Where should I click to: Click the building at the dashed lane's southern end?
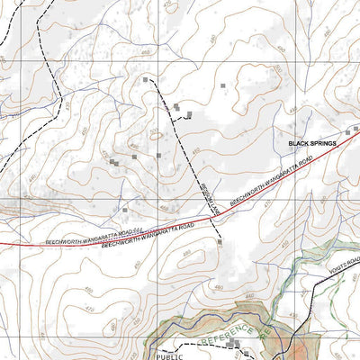click(x=220, y=241)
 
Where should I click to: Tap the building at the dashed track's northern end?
click(x=146, y=80)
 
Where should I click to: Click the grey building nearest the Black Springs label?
click(x=355, y=130)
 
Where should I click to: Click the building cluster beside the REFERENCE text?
click(x=236, y=344)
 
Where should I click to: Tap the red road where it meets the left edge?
click(x=3, y=246)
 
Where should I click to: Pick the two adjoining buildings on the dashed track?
click(x=177, y=108)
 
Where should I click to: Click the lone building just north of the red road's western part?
click(x=124, y=210)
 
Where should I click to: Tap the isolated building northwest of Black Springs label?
click(x=222, y=85)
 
